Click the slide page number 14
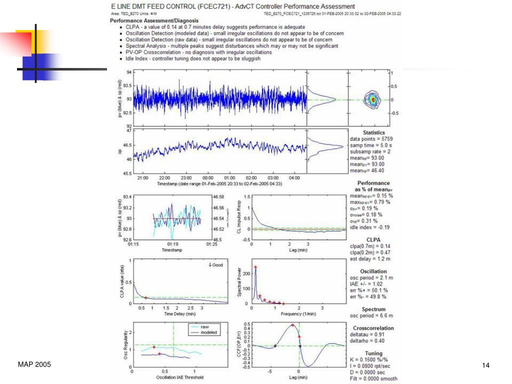(x=485, y=365)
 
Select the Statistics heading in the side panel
(x=374, y=132)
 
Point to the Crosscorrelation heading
(x=373, y=328)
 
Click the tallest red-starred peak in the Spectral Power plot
(x=255, y=267)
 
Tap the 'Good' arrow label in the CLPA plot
(x=215, y=264)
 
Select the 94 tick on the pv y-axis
(x=128, y=72)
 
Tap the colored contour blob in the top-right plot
(x=372, y=99)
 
